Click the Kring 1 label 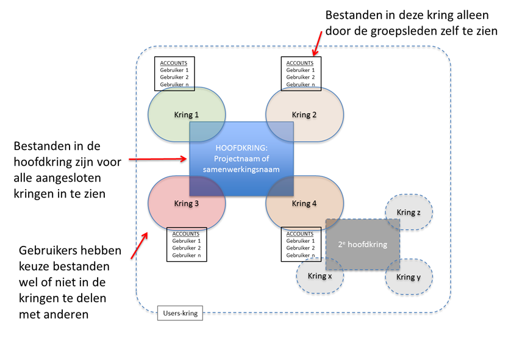click(187, 115)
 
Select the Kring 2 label click(304, 115)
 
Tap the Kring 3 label click(187, 204)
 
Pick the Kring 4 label click(304, 204)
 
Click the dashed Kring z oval click(409, 212)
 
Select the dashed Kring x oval click(320, 276)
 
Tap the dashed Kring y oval click(409, 277)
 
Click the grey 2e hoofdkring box click(362, 244)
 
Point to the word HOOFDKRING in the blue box click(241, 147)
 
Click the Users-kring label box click(180, 314)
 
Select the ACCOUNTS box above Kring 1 click(174, 74)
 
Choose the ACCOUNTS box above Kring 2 click(301, 74)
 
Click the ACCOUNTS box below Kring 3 click(186, 245)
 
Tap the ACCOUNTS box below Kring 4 click(301, 245)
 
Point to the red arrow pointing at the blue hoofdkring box click(159, 159)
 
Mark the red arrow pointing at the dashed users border click(138, 244)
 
